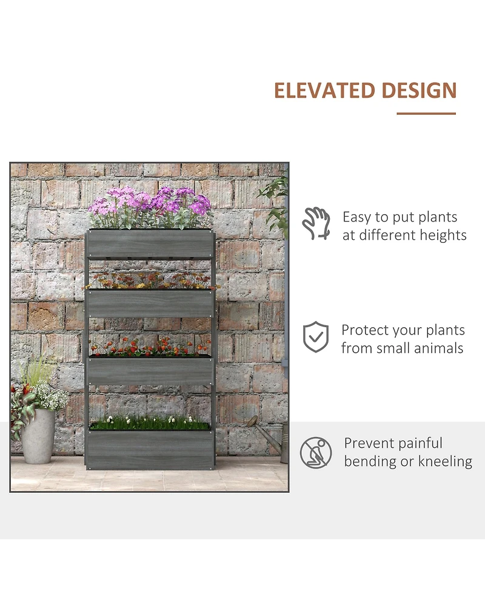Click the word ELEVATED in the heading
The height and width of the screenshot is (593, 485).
point(325,90)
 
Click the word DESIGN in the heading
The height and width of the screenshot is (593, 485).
point(419,90)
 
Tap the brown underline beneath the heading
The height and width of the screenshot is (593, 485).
point(426,114)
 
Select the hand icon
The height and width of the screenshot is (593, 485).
point(316,223)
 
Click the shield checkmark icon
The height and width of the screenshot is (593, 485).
point(316,337)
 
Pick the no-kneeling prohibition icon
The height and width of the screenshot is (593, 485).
point(316,452)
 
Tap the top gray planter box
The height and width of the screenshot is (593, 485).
point(150,244)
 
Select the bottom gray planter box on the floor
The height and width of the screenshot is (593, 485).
point(151,449)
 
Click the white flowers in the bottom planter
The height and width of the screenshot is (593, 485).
point(150,420)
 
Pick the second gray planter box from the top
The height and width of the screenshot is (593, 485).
point(150,303)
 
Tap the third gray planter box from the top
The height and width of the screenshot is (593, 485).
point(150,371)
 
